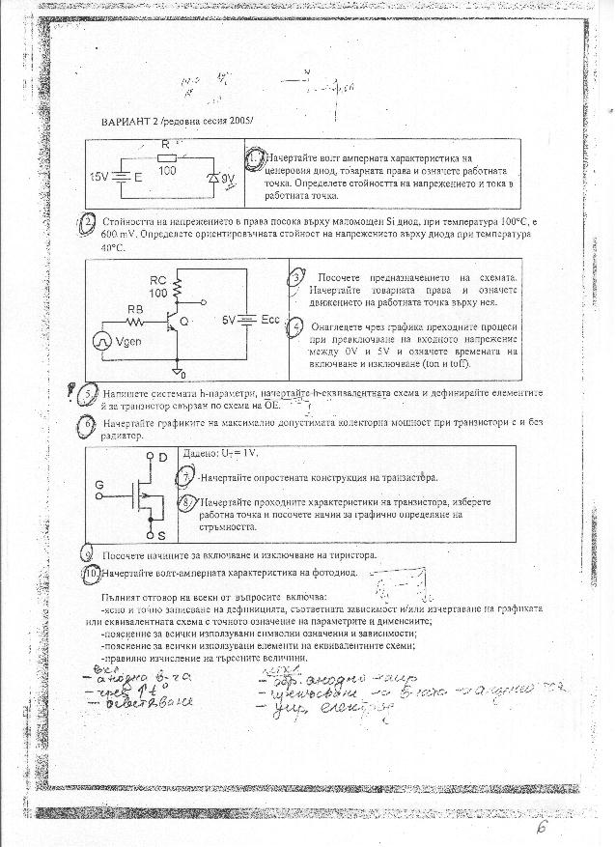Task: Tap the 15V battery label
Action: click(x=99, y=178)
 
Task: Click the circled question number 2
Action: click(x=88, y=222)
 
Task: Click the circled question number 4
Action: click(x=297, y=326)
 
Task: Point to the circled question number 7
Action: click(x=187, y=477)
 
